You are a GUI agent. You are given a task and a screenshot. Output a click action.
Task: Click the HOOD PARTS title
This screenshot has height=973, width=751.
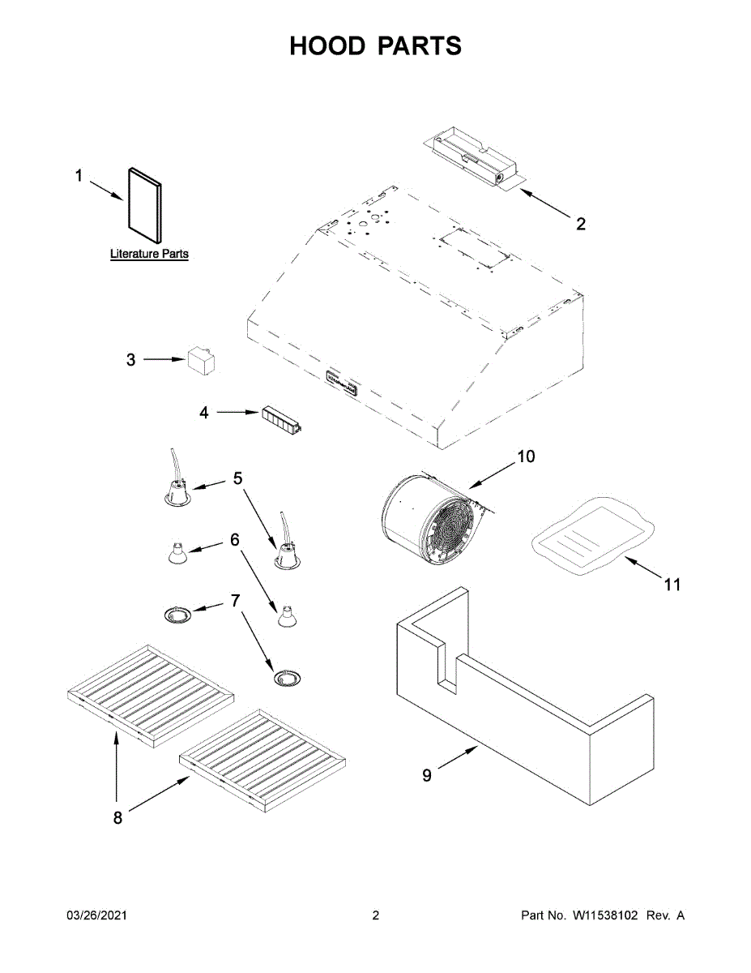pyautogui.click(x=375, y=46)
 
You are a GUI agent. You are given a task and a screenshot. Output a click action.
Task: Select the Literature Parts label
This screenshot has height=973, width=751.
pyautogui.click(x=149, y=254)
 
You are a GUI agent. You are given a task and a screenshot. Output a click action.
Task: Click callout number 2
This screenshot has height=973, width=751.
pyautogui.click(x=581, y=224)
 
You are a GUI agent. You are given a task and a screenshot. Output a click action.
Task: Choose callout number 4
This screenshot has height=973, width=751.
pyautogui.click(x=204, y=413)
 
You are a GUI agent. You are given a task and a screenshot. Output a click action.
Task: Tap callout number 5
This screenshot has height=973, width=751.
pyautogui.click(x=237, y=478)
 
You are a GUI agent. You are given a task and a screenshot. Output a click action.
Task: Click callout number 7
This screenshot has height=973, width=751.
pyautogui.click(x=236, y=600)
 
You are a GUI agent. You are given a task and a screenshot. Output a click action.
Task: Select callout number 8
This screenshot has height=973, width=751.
pyautogui.click(x=118, y=818)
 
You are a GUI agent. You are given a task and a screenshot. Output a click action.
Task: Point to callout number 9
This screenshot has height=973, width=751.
pyautogui.click(x=427, y=776)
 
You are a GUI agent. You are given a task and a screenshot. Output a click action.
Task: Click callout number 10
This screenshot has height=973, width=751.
pyautogui.click(x=526, y=456)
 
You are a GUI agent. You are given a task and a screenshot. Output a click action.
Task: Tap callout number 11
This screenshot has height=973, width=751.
pyautogui.click(x=672, y=584)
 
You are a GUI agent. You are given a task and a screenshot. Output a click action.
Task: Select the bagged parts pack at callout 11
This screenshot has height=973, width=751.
pyautogui.click(x=591, y=536)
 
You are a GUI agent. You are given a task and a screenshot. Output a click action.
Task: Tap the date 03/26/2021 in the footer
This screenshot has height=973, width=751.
pyautogui.click(x=96, y=915)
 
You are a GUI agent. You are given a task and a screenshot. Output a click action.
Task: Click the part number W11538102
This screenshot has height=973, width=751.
pyautogui.click(x=606, y=915)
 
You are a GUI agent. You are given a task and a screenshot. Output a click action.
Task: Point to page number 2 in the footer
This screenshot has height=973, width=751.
pyautogui.click(x=375, y=915)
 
